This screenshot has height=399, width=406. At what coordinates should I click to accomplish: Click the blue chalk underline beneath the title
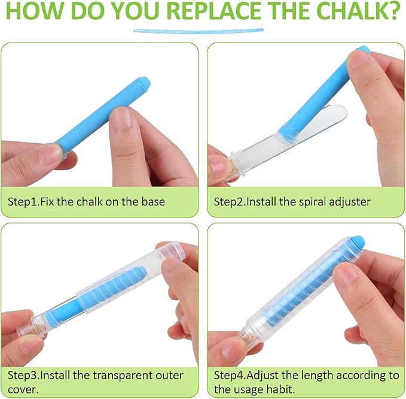[x=199, y=31]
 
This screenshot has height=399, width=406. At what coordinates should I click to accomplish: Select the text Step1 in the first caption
[x=23, y=202]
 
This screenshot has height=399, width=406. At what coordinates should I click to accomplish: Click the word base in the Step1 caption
[x=153, y=201]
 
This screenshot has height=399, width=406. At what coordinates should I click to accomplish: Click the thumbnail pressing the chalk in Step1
[x=121, y=119]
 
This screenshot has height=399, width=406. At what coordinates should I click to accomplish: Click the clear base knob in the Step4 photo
[x=245, y=337]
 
